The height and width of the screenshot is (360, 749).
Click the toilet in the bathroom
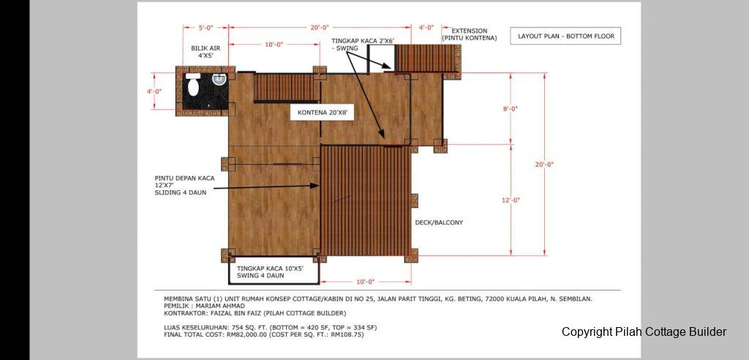point(193,86)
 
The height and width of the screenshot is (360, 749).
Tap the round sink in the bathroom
point(219,79)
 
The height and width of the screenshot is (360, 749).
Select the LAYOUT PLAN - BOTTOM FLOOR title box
point(565,36)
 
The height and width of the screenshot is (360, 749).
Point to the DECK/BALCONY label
point(439,222)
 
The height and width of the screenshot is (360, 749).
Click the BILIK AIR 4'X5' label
point(206,52)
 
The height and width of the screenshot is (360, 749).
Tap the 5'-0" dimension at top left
point(206,28)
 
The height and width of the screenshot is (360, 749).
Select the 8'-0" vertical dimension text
point(510,108)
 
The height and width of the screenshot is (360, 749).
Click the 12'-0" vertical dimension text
point(510,200)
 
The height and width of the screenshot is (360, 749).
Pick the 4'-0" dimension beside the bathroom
point(154,91)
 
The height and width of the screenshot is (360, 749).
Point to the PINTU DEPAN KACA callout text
point(184,186)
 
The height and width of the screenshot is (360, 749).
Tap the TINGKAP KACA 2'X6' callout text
point(363,45)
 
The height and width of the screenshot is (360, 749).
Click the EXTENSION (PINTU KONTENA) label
point(470,34)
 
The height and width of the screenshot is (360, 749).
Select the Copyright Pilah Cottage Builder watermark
point(644,331)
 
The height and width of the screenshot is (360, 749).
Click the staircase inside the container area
point(285,88)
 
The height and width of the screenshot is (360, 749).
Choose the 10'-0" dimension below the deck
point(366,281)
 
